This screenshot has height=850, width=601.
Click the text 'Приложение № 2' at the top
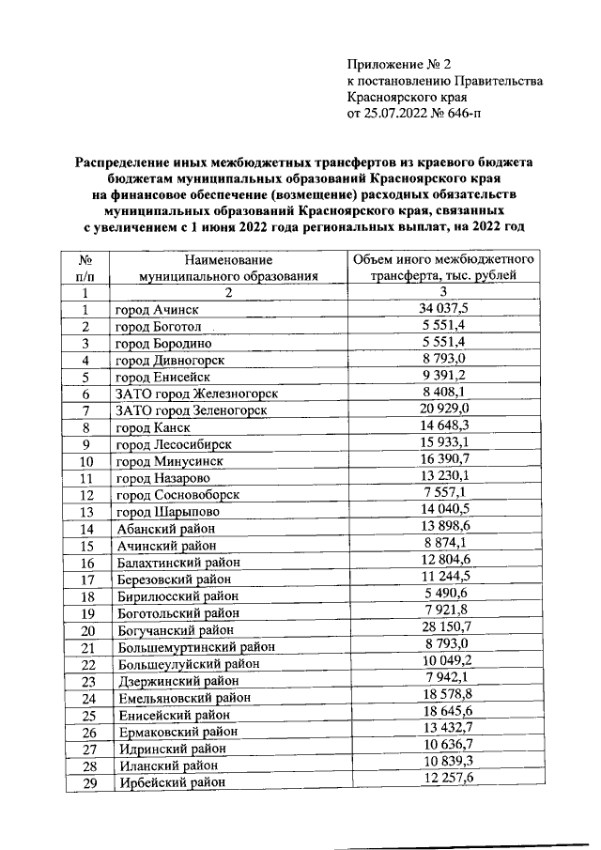[x=399, y=65]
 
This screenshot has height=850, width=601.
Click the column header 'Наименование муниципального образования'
[x=228, y=268]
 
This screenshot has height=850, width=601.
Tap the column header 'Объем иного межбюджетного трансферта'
[x=442, y=268]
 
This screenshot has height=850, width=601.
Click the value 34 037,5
[x=442, y=310]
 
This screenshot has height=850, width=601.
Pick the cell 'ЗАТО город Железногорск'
[x=196, y=394]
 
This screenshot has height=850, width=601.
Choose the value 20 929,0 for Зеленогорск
[x=442, y=410]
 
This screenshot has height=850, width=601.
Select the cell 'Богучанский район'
[x=174, y=629]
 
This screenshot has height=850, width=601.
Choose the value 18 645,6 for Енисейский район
[x=442, y=715]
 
